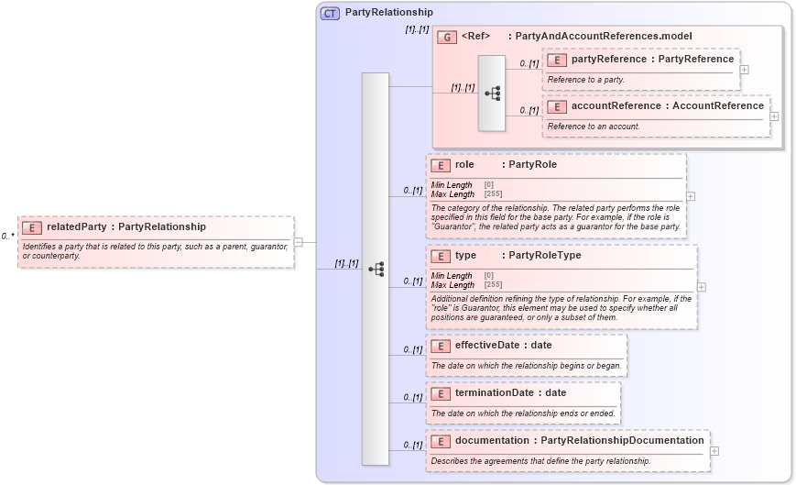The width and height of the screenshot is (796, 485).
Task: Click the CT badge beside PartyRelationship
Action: coord(330,13)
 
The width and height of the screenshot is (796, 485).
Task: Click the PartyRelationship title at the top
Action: coord(388,13)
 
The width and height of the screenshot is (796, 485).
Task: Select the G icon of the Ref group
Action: coord(447,37)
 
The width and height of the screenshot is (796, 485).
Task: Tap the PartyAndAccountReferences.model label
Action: coord(604,36)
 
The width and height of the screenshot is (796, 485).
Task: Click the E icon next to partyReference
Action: coord(556,60)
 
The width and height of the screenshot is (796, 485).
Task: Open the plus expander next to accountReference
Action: coord(775,116)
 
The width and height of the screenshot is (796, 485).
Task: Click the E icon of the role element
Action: coord(441,165)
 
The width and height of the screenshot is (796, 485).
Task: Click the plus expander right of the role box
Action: coord(691,196)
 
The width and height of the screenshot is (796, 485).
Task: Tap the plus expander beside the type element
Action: coord(702,287)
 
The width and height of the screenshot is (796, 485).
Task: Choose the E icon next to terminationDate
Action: coord(441,392)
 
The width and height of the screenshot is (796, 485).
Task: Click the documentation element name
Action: coord(492,440)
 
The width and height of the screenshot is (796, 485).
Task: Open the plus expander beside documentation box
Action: coord(714,451)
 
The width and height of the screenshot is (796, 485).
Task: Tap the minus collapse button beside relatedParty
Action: coord(299,242)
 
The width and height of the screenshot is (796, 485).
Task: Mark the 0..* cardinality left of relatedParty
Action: coord(7,237)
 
